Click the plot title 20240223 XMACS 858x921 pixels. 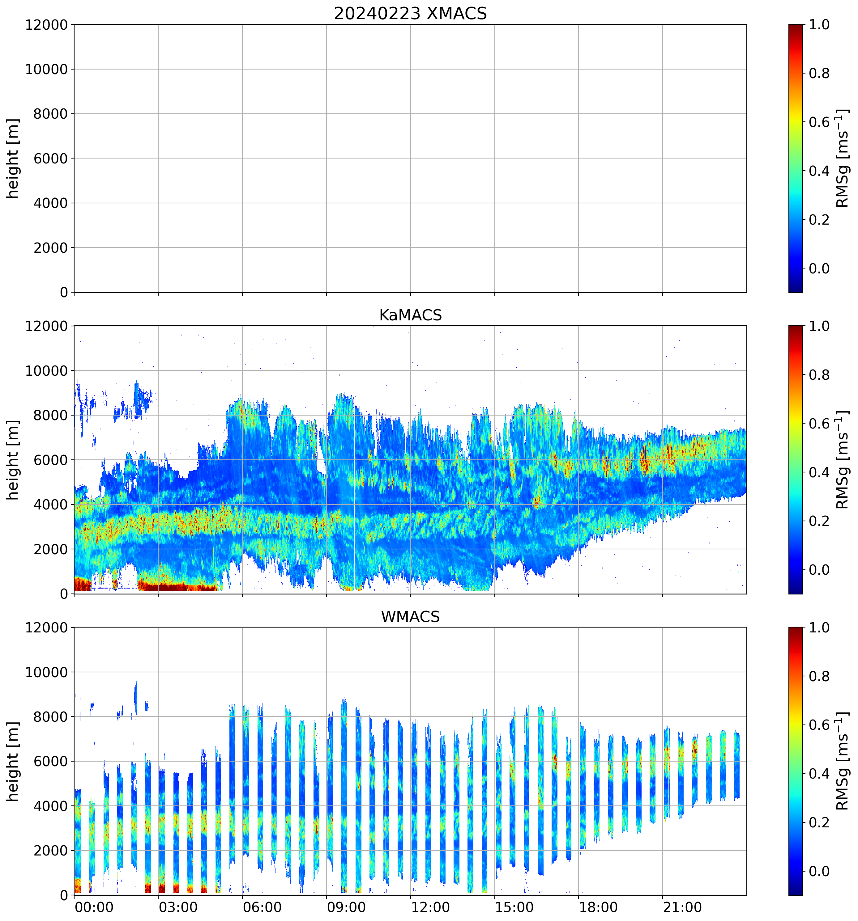tap(410, 13)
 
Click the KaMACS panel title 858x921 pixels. tap(410, 315)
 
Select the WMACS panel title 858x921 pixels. tap(410, 617)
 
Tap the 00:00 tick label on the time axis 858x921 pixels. tap(94, 907)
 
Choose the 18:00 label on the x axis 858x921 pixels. tap(598, 907)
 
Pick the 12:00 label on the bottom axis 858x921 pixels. tap(430, 907)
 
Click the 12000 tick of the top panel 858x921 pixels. tap(46, 24)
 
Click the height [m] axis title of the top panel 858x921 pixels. tap(13, 158)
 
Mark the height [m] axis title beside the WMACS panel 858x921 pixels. tap(13, 761)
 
